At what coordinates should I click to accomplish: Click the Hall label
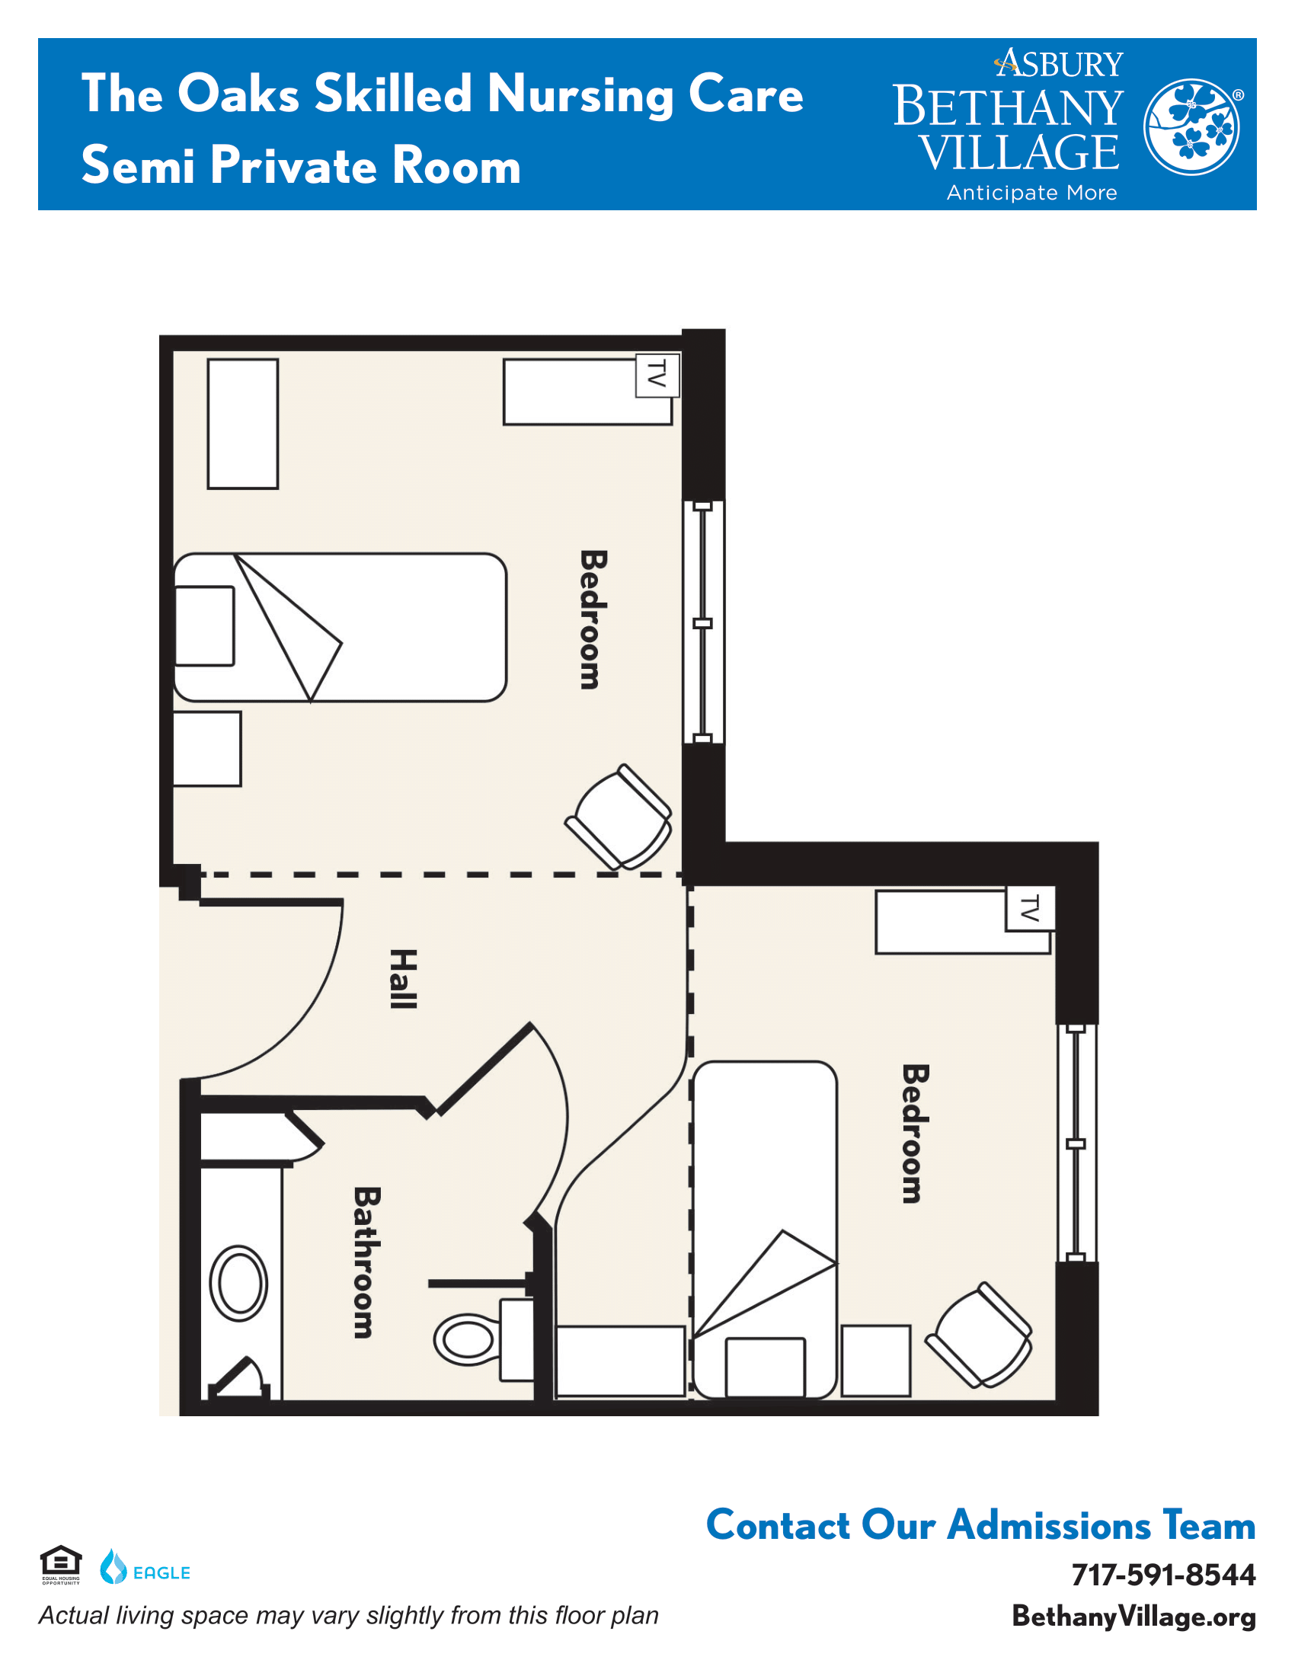(404, 978)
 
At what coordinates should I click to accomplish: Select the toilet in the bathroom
(484, 1339)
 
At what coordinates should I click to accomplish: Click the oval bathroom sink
(238, 1284)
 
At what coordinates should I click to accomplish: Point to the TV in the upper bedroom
(657, 376)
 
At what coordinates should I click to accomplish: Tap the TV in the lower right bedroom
(1031, 909)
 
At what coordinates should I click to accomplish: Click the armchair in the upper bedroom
(619, 817)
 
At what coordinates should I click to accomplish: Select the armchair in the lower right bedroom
(979, 1335)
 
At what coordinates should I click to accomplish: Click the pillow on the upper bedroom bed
(205, 626)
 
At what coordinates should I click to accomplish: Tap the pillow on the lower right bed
(765, 1367)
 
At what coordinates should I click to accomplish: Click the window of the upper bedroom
(703, 622)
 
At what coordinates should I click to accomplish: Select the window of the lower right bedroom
(1076, 1143)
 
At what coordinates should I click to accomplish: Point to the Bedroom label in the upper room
(593, 619)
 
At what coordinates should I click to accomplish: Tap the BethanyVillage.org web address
(1134, 1616)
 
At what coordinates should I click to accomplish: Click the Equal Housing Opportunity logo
(61, 1566)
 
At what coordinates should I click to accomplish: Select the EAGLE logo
(145, 1567)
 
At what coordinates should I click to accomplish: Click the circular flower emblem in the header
(1191, 126)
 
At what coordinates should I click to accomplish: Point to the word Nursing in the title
(580, 95)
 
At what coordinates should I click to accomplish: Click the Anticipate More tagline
(1032, 193)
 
